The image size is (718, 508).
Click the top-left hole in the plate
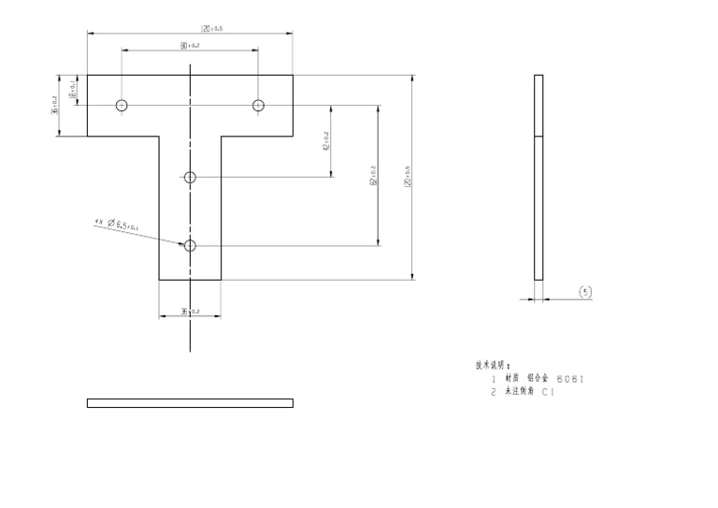tap(122, 105)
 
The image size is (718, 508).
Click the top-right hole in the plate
tap(259, 105)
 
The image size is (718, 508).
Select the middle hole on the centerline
tap(190, 177)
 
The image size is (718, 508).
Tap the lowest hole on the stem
tap(190, 245)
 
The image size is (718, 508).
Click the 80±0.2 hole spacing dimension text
tap(190, 45)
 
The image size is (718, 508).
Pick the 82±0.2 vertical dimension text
tap(372, 175)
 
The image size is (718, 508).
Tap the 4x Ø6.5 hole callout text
tap(118, 224)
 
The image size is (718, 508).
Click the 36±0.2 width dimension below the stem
tap(190, 311)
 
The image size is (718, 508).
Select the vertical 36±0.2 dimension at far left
tap(54, 105)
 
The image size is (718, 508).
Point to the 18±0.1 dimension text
tap(73, 90)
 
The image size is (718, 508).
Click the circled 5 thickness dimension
tap(585, 292)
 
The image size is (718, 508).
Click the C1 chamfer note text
tap(548, 393)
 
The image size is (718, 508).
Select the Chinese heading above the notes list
tap(493, 365)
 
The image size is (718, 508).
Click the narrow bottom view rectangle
tap(190, 403)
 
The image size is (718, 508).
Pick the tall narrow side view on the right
tap(538, 177)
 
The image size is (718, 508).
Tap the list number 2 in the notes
tap(493, 393)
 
